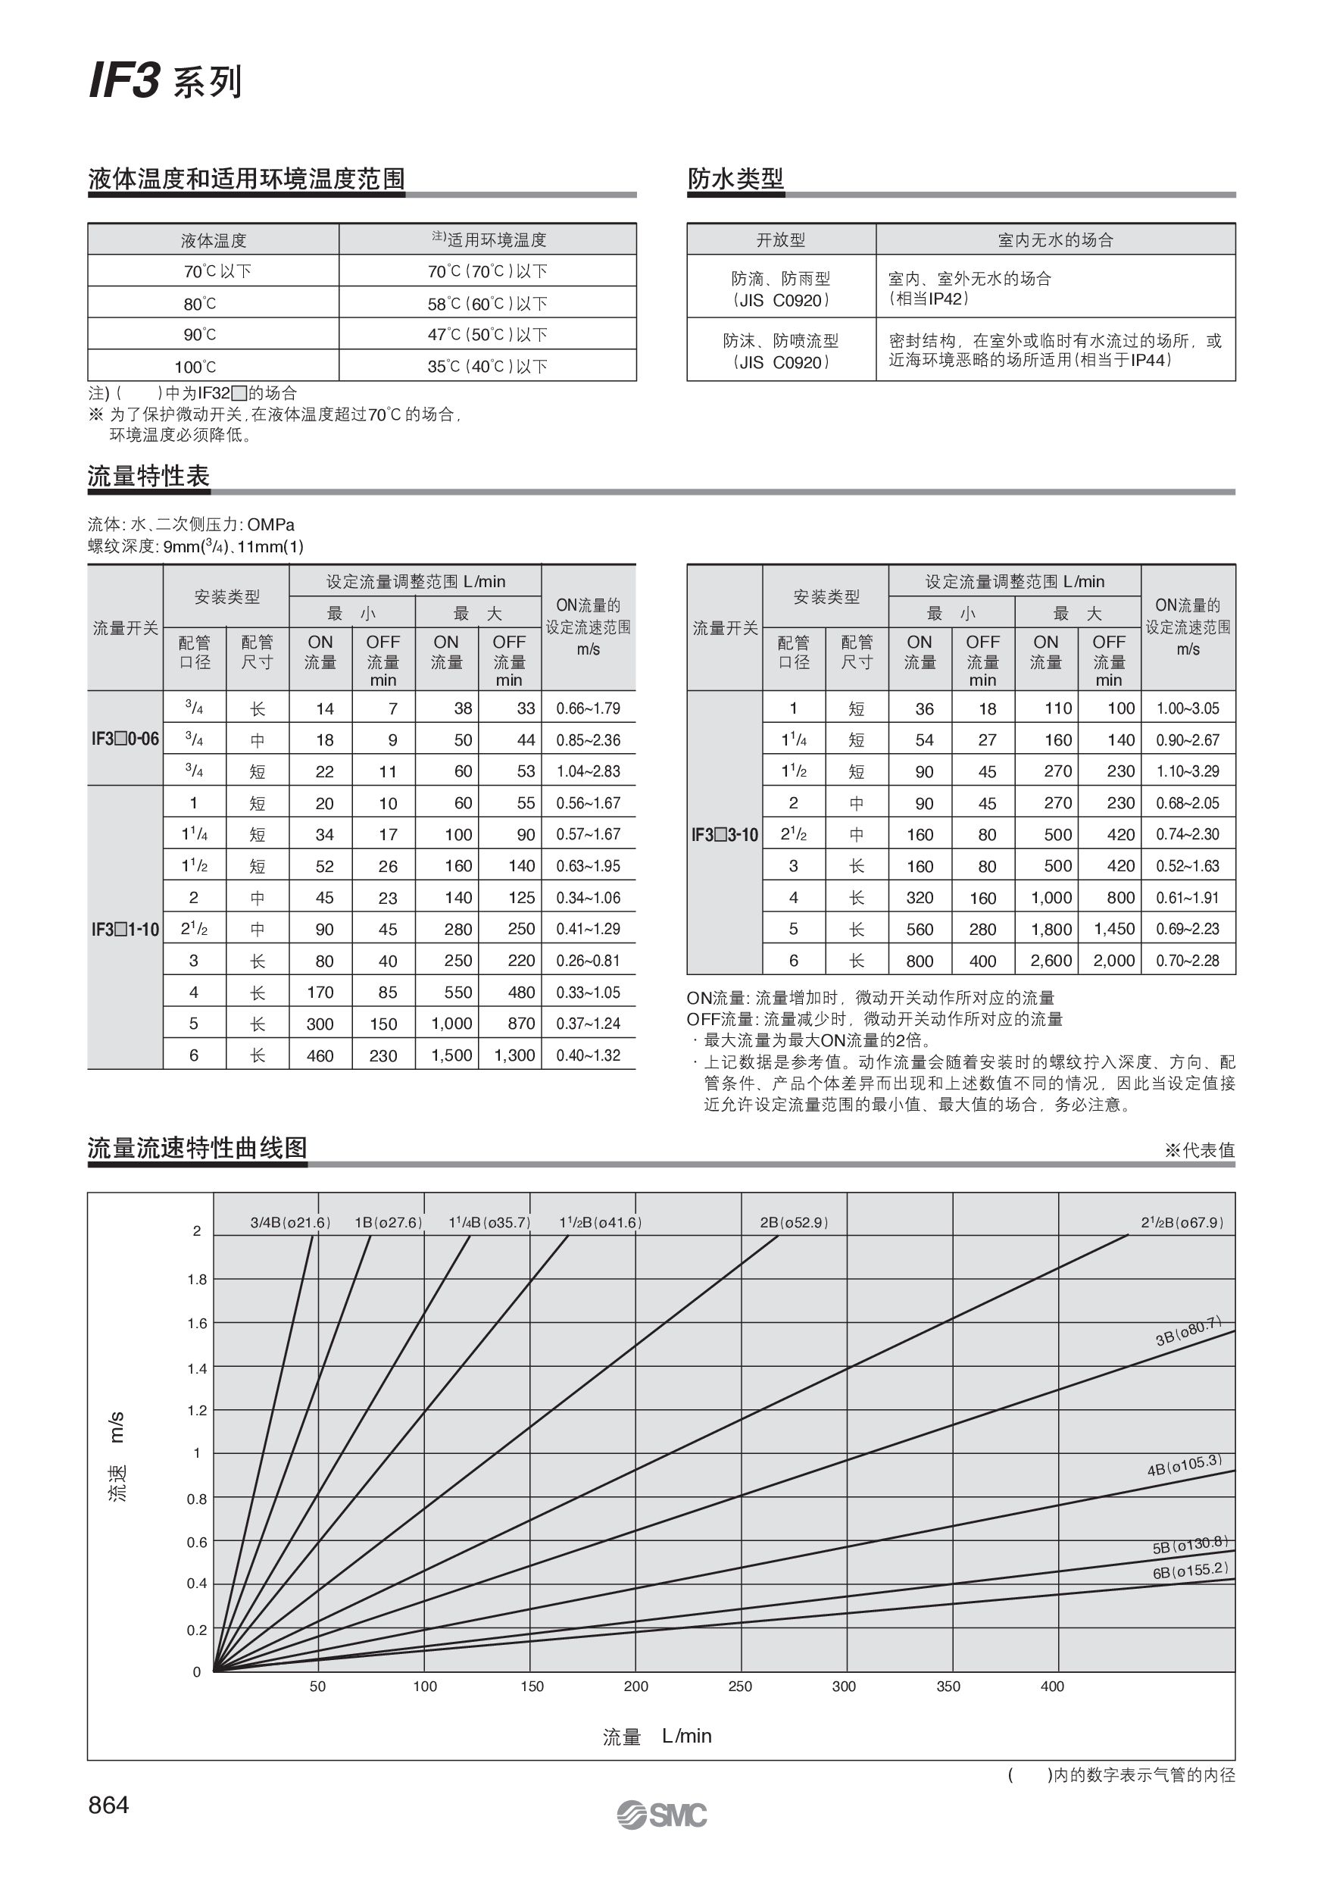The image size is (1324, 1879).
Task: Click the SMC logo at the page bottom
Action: pos(662,1815)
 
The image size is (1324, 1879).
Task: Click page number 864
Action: pos(109,1805)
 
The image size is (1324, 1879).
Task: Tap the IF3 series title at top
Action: pos(165,83)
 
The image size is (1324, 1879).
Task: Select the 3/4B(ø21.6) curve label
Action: pos(291,1223)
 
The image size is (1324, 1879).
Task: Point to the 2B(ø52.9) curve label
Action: pos(794,1223)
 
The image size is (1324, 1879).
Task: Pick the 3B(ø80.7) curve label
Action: pos(1188,1330)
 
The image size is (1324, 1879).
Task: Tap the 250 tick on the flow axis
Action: pos(740,1686)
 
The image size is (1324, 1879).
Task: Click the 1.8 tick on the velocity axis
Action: pos(197,1280)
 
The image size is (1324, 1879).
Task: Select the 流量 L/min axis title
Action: pos(657,1736)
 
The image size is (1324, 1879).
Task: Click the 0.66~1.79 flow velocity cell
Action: pos(589,708)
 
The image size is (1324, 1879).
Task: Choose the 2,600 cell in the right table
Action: pos(1051,961)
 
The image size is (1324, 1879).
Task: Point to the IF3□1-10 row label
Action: pos(125,930)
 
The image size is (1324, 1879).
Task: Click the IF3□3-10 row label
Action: pos(725,835)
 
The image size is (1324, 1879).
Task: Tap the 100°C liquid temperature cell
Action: pos(195,367)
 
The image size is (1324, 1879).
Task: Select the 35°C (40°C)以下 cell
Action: pos(488,367)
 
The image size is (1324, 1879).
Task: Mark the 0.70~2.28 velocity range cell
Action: pos(1188,961)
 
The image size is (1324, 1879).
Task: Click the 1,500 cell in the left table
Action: pos(451,1055)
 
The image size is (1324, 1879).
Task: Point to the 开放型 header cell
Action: pos(781,239)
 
